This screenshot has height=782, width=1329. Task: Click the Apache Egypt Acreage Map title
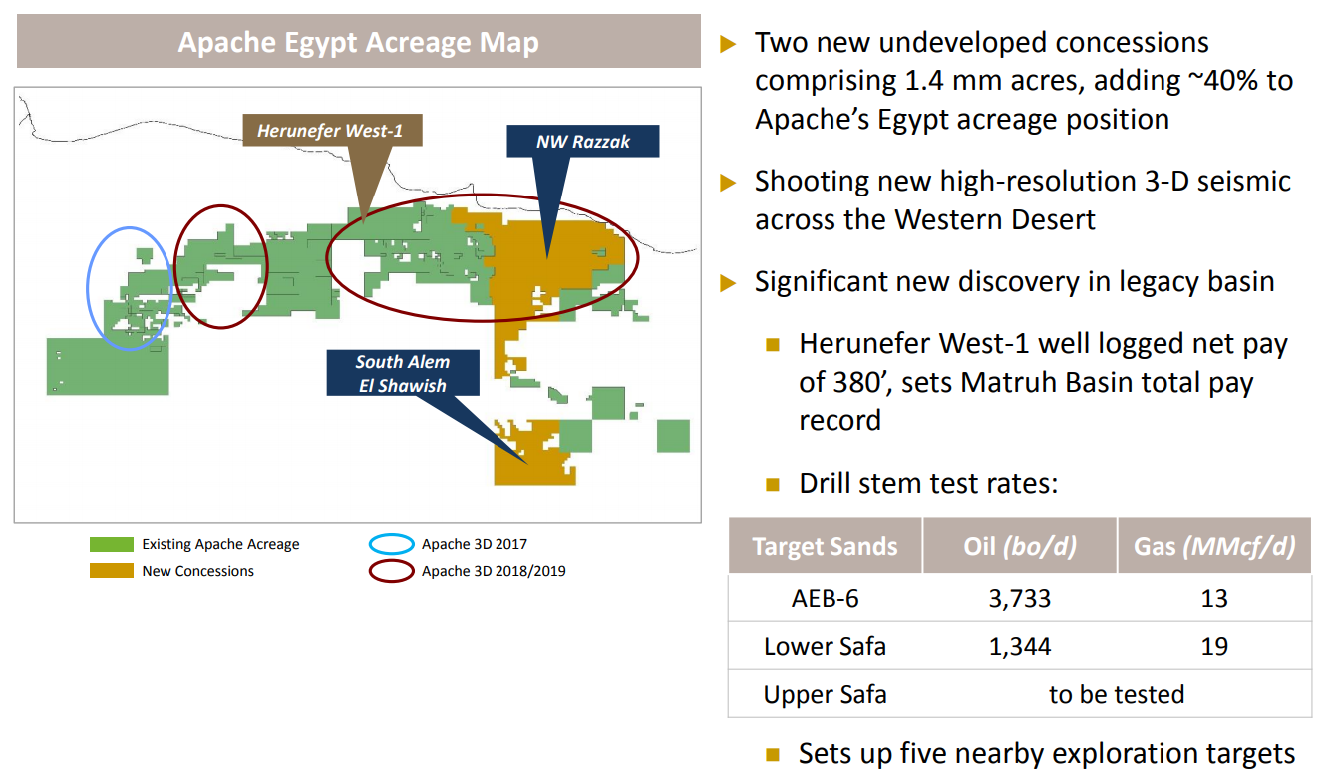(358, 43)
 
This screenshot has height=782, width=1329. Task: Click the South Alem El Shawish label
(403, 373)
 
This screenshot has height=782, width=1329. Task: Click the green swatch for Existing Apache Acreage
(111, 544)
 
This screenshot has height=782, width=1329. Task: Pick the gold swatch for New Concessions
(111, 571)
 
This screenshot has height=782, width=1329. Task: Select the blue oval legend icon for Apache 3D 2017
(391, 544)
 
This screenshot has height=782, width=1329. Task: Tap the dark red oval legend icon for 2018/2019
(391, 572)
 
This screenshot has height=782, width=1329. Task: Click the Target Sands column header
(825, 547)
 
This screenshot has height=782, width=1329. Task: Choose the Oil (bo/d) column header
(1020, 547)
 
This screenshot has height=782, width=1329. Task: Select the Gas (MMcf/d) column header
(1214, 547)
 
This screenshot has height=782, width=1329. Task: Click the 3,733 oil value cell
(1020, 598)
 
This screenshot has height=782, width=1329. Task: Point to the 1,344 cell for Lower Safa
(1020, 646)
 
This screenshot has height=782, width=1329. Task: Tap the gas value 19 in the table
(1214, 646)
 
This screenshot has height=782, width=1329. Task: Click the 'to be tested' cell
(1117, 694)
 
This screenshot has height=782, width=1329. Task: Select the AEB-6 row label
(825, 598)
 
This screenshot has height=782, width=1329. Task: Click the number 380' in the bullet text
(845, 382)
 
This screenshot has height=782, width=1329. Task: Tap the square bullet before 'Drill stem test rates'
(773, 485)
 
